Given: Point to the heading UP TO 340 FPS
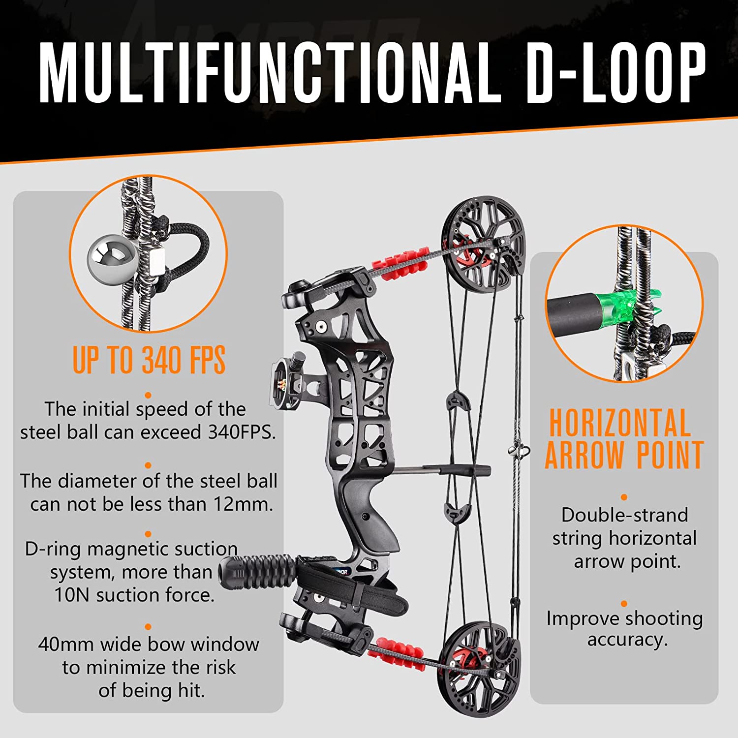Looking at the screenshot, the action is [x=149, y=360].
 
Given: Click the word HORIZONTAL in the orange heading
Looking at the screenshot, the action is [x=620, y=423].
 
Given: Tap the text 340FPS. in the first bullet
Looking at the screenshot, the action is [x=242, y=432].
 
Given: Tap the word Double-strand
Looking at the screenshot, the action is [x=625, y=515].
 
